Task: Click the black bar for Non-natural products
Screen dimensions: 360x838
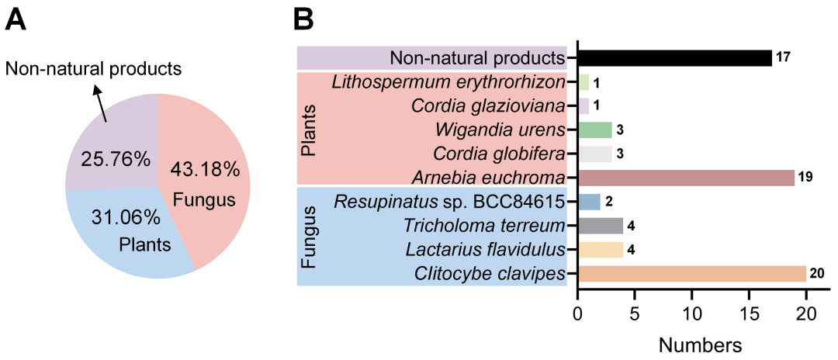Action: [674, 58]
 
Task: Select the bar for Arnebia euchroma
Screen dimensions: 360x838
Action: [686, 178]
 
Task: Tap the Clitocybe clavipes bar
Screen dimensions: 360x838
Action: [691, 274]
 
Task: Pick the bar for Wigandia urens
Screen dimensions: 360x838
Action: [594, 130]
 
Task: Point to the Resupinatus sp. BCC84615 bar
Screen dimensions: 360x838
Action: [589, 202]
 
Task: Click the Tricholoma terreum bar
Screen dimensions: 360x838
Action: [600, 226]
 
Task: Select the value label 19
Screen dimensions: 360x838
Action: [805, 178]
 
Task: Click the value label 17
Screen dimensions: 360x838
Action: [783, 58]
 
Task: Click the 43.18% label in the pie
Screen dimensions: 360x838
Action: [206, 169]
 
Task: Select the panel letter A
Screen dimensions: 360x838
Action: [16, 19]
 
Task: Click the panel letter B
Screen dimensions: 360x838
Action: [303, 19]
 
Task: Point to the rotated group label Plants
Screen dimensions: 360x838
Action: [310, 130]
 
